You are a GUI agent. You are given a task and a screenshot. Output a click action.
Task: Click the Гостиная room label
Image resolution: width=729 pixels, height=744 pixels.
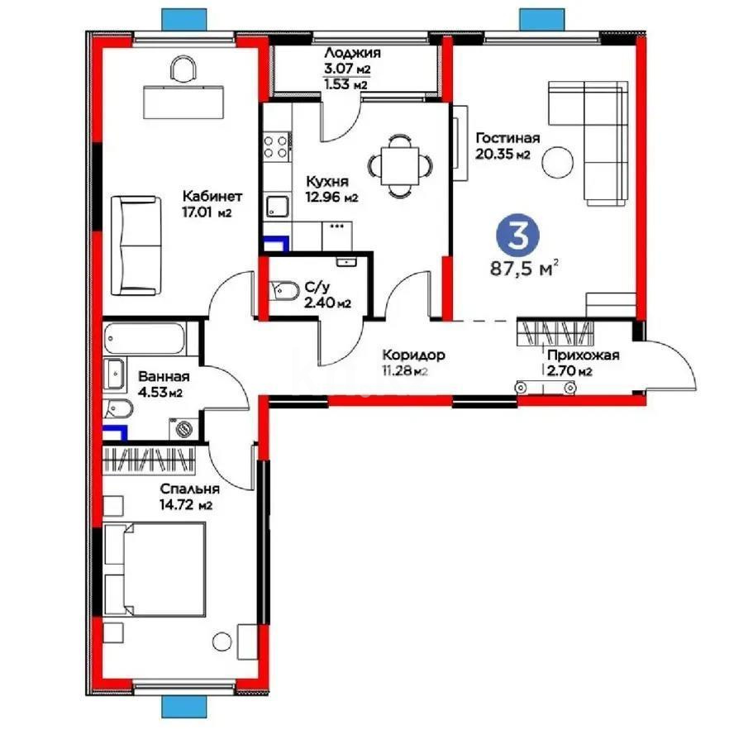tap(507, 138)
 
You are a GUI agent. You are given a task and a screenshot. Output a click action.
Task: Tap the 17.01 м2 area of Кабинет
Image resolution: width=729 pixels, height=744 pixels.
tap(206, 212)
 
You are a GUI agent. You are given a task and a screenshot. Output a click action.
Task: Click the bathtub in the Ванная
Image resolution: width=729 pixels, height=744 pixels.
tap(145, 339)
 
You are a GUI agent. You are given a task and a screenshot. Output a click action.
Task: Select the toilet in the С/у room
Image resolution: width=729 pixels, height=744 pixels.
tap(286, 290)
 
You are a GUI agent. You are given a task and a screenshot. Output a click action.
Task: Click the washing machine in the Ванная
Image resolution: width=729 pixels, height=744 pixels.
tap(185, 427)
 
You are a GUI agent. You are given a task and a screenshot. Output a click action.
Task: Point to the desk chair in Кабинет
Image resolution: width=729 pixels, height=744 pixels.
tap(183, 69)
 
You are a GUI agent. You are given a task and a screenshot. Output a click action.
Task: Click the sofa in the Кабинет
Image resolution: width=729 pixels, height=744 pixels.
tap(135, 244)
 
